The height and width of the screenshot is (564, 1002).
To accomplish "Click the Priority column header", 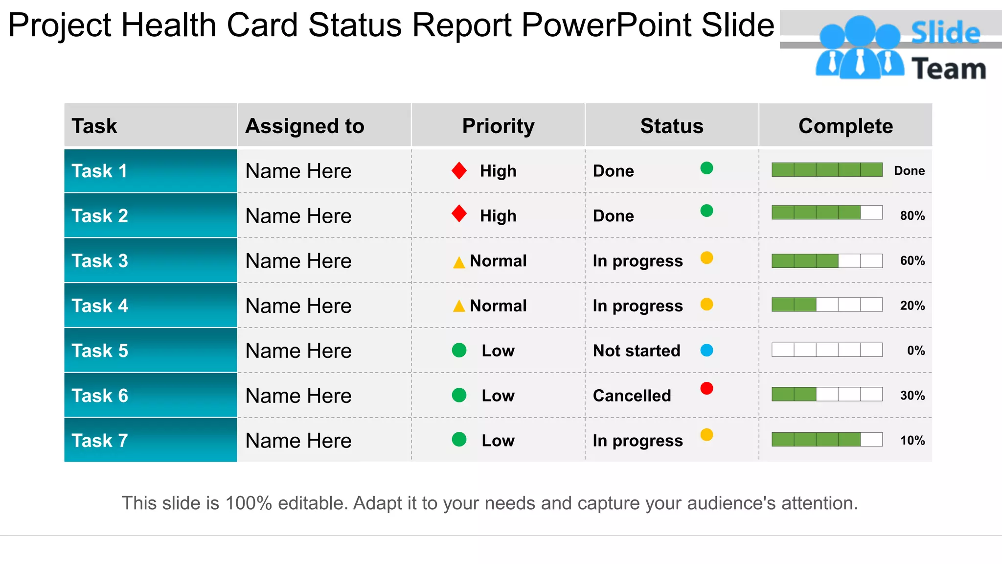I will pos(498,126).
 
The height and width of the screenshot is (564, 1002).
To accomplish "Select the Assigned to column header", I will pos(305,126).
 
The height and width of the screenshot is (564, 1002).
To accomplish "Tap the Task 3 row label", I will pos(100,261).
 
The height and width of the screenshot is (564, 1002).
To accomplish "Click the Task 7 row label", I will pos(100,441).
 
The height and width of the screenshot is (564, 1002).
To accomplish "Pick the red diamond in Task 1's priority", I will pos(459,170).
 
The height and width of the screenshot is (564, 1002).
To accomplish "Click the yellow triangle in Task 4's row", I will pos(459,306).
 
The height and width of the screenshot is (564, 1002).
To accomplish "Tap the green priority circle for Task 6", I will pos(459,395).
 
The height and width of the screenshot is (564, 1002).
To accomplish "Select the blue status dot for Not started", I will pos(706,350).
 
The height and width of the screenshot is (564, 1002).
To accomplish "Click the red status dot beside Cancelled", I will pos(706,388).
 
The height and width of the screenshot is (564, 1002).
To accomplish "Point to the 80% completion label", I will pos(912,216).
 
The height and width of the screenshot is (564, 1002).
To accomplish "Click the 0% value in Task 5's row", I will pos(915,351).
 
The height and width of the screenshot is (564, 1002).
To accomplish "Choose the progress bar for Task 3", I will pos(827,260).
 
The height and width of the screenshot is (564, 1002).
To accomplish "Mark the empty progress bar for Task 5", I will pos(827,350).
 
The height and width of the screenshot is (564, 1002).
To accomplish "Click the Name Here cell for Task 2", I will pos(298,216).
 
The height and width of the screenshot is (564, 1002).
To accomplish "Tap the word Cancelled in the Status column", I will pos(632,396).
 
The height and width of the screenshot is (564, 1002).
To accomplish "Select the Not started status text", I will pos(637,351).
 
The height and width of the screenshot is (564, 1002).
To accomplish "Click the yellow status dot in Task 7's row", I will pos(706,434).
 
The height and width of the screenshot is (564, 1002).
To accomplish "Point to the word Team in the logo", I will pos(949,69).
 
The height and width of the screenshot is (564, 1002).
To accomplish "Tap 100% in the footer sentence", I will pos(248,503).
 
